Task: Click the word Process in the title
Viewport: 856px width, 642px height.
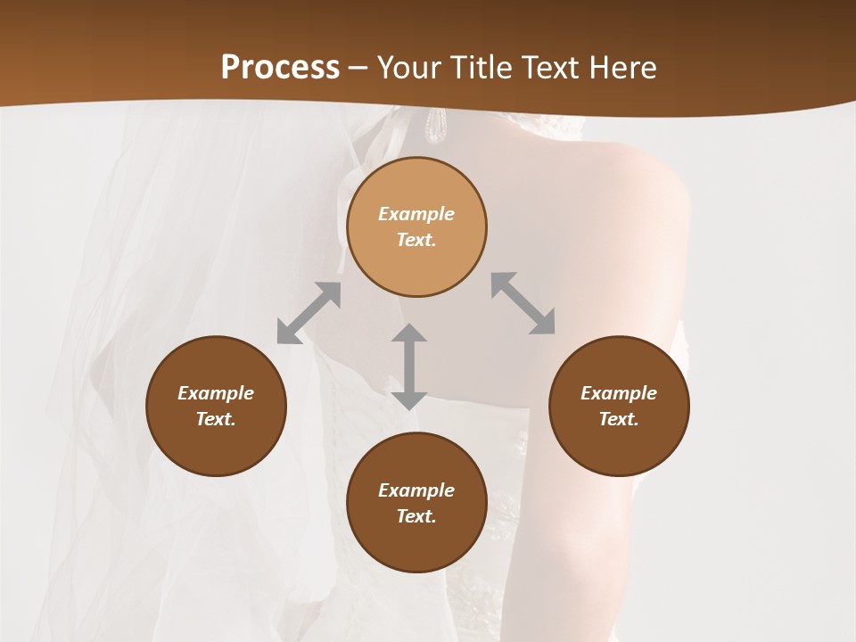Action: tap(280, 68)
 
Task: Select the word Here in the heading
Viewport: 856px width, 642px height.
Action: tap(621, 68)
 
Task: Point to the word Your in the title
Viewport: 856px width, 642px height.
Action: tap(409, 68)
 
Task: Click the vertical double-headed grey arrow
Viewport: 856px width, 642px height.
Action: tap(409, 366)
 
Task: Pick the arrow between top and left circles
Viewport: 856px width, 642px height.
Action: tap(309, 313)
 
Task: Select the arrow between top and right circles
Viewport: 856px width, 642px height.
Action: tap(523, 303)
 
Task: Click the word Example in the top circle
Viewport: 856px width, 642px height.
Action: tap(416, 214)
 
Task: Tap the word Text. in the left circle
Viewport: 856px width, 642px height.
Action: tap(216, 419)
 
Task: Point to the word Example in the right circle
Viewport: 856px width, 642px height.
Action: tap(619, 393)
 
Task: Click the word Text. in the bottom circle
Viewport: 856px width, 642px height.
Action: tap(416, 516)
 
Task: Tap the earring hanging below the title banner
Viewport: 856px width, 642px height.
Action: tap(434, 126)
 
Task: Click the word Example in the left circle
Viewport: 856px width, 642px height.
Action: tap(216, 393)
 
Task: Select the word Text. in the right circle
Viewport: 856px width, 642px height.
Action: tap(619, 419)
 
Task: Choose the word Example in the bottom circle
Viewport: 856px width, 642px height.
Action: tap(416, 490)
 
